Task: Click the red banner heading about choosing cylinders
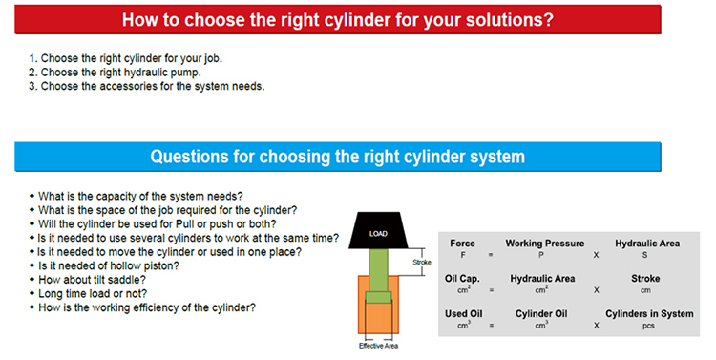click(x=337, y=20)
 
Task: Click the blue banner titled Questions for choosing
click(x=337, y=157)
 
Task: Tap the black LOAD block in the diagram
click(x=378, y=230)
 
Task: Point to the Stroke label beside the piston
click(x=421, y=263)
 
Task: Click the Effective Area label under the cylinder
click(x=378, y=346)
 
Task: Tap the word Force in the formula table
click(x=462, y=244)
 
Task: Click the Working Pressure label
click(x=545, y=244)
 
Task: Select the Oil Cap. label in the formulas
click(x=462, y=279)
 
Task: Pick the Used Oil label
click(x=463, y=314)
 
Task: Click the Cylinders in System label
click(x=649, y=314)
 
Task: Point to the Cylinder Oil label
click(x=541, y=314)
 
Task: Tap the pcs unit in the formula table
click(x=648, y=327)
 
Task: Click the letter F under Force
click(x=463, y=255)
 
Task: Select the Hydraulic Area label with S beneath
click(x=647, y=244)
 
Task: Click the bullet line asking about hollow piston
click(x=109, y=265)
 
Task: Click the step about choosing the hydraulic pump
click(x=115, y=73)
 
